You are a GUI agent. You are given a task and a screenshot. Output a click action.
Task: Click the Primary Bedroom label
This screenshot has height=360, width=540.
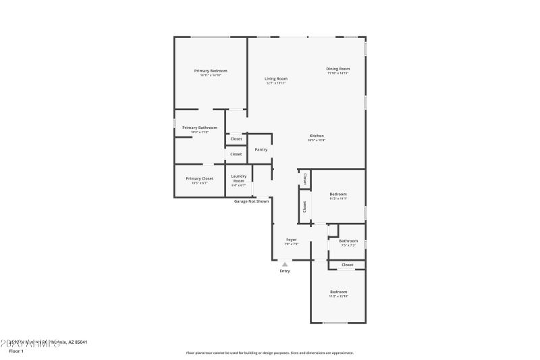point(211,71)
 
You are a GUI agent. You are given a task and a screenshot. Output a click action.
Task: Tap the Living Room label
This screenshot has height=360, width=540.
point(275,78)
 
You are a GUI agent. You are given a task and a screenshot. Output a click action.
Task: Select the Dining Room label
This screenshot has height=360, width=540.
point(338,68)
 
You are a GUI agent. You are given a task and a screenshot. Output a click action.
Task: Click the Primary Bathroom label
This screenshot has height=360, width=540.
point(199,128)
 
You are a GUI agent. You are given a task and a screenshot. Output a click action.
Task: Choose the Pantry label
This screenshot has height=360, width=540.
point(261,149)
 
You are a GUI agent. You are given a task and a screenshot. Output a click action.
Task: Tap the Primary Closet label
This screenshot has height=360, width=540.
point(198,178)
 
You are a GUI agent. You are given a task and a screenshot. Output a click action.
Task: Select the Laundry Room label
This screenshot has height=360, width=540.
point(239,178)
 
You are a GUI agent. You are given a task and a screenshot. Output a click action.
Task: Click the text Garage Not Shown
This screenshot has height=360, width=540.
point(251,201)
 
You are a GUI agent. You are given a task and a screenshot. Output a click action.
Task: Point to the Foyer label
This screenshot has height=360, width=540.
point(292,240)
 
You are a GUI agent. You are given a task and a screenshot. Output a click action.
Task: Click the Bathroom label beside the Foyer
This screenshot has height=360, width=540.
point(348,240)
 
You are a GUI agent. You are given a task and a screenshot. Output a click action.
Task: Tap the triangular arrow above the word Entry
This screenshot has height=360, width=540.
point(285,265)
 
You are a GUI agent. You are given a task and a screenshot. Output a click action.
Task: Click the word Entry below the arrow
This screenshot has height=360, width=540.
point(285,272)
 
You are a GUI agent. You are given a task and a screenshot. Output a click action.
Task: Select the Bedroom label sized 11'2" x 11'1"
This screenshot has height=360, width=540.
point(337,194)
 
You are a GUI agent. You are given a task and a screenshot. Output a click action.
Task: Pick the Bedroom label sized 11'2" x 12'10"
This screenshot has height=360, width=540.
point(338,291)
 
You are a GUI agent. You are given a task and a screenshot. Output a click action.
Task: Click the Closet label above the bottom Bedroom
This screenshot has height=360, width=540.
point(347,265)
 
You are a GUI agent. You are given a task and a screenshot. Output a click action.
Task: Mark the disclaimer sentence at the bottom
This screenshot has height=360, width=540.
point(269,353)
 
